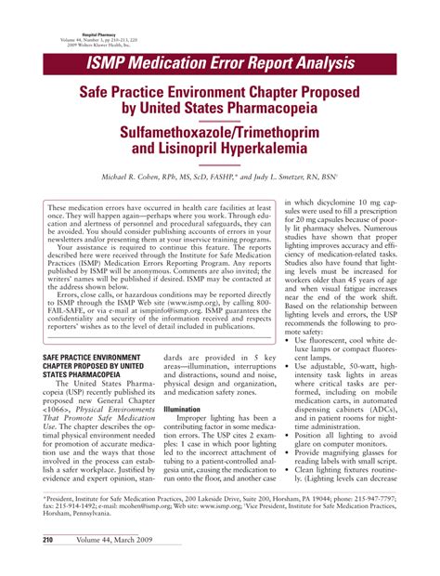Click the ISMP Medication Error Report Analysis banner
pyautogui.click(x=220, y=63)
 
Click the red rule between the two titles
pyautogui.click(x=220, y=120)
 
